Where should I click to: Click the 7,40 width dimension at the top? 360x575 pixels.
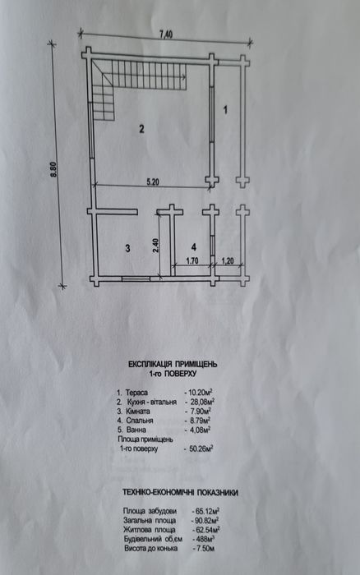(165, 34)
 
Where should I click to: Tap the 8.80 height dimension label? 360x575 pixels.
(55, 171)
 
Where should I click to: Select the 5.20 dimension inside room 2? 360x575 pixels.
(152, 182)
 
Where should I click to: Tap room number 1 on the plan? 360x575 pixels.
(226, 109)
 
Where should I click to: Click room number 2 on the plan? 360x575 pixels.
(141, 129)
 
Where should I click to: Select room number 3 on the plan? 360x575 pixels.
(127, 248)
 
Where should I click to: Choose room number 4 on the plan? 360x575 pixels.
(194, 246)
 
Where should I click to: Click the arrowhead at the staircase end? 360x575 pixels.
(185, 77)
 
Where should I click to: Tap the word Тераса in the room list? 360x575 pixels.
(136, 393)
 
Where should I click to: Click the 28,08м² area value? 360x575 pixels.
(202, 402)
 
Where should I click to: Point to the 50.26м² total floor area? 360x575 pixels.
(202, 448)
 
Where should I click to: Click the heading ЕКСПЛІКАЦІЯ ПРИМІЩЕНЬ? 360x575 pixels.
(173, 364)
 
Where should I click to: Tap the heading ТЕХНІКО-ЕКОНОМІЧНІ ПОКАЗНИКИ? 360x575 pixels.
(180, 493)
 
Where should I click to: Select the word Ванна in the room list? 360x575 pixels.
(136, 430)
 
